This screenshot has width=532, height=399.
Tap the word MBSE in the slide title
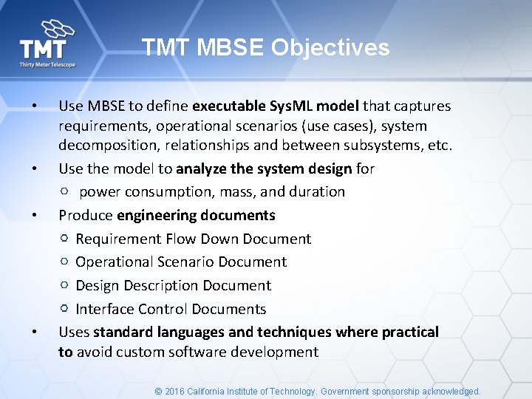(x=229, y=48)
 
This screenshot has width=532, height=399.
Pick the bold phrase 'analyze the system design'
(x=264, y=168)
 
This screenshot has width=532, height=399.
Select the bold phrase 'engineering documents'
(x=196, y=216)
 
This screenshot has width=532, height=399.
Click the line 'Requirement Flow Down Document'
(x=194, y=239)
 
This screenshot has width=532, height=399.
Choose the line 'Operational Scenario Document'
(x=181, y=262)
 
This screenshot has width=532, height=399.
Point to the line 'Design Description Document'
(x=173, y=286)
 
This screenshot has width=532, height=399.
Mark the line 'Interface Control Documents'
(x=171, y=309)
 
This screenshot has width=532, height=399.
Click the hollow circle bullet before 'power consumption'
(x=65, y=191)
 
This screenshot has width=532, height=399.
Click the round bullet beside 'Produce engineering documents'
(x=35, y=216)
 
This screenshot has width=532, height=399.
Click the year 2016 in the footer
(x=175, y=392)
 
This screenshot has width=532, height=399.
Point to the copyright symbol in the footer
(x=158, y=392)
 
